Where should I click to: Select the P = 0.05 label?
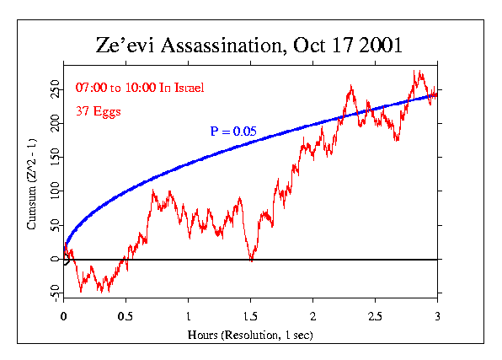(x=233, y=131)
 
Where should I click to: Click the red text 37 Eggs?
(x=96, y=110)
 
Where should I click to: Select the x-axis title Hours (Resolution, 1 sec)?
(x=250, y=336)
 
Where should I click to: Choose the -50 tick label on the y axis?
(x=52, y=293)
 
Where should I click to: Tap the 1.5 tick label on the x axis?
(x=250, y=316)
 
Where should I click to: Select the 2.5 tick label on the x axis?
(x=375, y=316)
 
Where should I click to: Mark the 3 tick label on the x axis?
(x=437, y=316)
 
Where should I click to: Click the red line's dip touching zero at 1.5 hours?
(x=251, y=260)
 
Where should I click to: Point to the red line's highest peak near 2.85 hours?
(x=416, y=73)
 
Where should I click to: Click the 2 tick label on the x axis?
(x=312, y=316)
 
